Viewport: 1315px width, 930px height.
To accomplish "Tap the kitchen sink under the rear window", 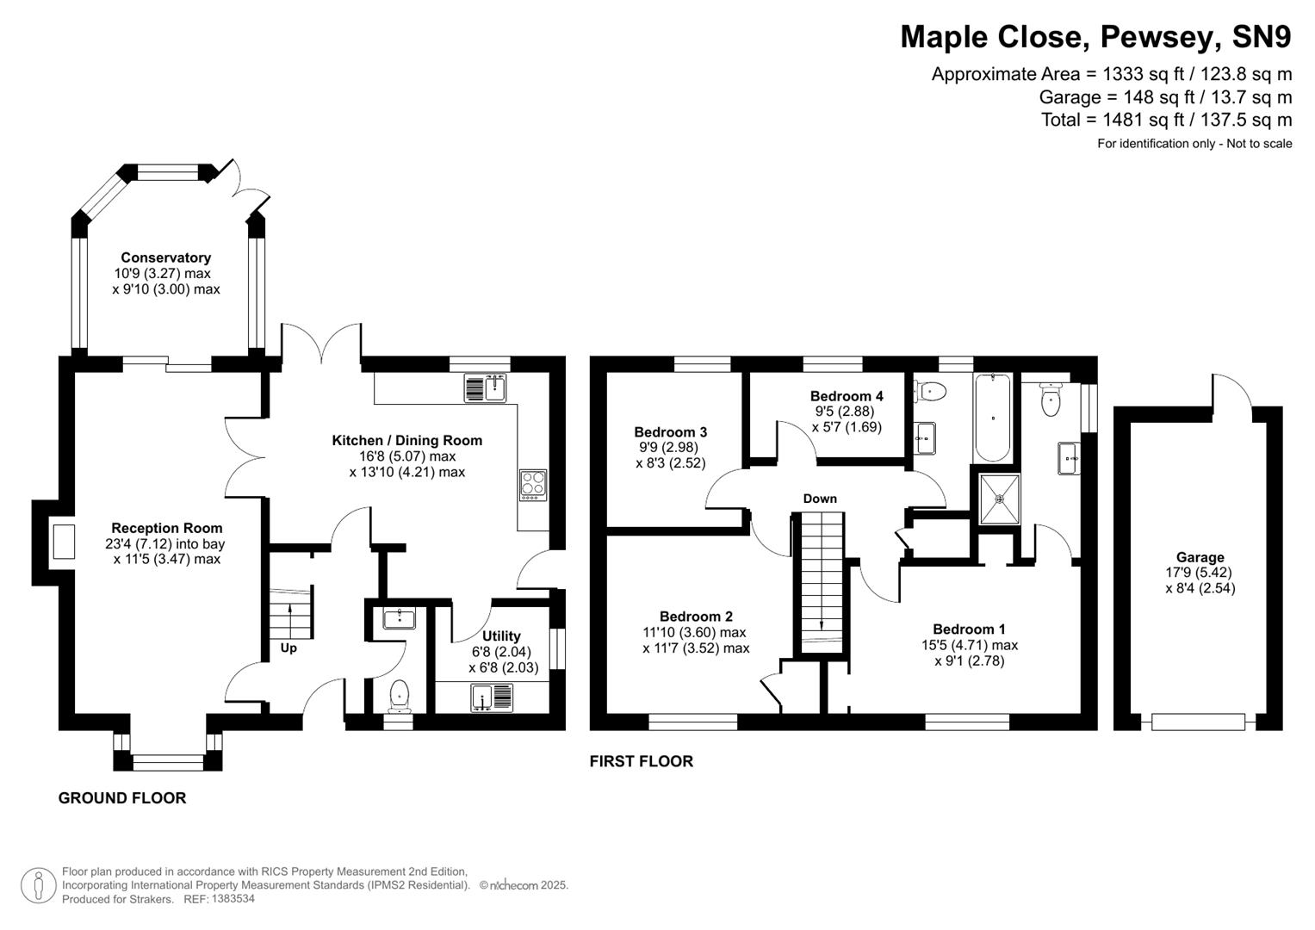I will pyautogui.click(x=486, y=388).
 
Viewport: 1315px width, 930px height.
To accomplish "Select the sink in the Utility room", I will pyautogui.click(x=491, y=697).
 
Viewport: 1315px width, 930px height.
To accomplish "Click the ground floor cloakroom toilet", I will pyautogui.click(x=400, y=697).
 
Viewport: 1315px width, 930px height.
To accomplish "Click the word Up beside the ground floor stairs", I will pyautogui.click(x=288, y=648).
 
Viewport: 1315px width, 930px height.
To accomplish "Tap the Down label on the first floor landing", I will pyautogui.click(x=819, y=499).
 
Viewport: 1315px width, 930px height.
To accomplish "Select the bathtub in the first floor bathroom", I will pyautogui.click(x=993, y=418).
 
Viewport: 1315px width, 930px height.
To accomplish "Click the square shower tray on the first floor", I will pyautogui.click(x=1000, y=499).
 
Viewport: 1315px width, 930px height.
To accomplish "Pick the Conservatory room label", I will pyautogui.click(x=165, y=257).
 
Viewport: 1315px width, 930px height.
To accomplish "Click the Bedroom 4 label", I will pyautogui.click(x=846, y=396).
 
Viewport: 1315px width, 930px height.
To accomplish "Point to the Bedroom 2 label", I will pyautogui.click(x=696, y=617).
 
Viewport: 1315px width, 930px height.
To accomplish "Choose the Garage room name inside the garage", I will pyautogui.click(x=1200, y=557).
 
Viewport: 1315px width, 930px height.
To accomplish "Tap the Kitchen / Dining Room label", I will pyautogui.click(x=406, y=440).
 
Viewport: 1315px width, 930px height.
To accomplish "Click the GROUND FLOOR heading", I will pyautogui.click(x=122, y=798).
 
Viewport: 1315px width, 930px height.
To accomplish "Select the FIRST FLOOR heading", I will pyautogui.click(x=641, y=761).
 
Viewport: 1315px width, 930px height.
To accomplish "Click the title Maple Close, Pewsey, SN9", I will pyautogui.click(x=1095, y=37).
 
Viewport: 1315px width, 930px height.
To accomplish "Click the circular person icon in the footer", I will pyautogui.click(x=38, y=885).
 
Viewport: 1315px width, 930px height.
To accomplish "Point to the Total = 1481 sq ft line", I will pyautogui.click(x=1166, y=120).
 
